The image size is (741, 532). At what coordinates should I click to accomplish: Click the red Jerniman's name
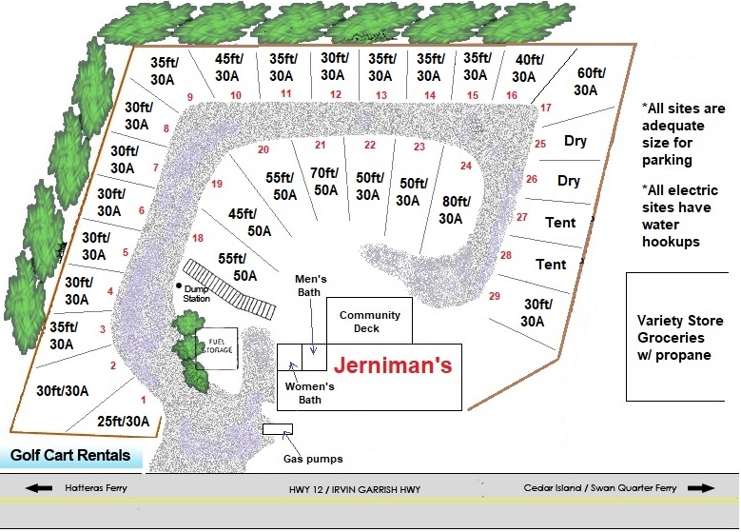[x=393, y=365]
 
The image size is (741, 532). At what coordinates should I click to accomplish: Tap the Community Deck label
[x=370, y=322]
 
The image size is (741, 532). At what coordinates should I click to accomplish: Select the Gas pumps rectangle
[x=278, y=429]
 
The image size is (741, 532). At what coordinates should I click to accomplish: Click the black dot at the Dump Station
[x=179, y=286]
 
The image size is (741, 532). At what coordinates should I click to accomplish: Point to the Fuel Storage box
[x=217, y=348]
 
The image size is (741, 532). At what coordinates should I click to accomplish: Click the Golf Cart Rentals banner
[x=70, y=455]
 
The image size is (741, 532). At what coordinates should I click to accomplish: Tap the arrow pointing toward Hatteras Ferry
[x=39, y=488]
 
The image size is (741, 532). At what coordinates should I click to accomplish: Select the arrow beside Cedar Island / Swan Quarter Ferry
[x=701, y=488]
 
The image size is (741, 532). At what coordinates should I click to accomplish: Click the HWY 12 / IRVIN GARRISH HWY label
[x=355, y=489]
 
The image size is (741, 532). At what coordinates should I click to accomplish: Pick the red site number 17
[x=546, y=108]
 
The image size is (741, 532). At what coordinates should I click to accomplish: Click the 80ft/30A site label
[x=455, y=210]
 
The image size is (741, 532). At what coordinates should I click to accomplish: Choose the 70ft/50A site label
[x=324, y=182]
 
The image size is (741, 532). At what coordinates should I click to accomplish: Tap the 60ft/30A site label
[x=589, y=81]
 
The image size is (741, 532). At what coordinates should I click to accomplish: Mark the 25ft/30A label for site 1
[x=124, y=421]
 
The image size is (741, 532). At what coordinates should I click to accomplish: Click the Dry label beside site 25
[x=575, y=141]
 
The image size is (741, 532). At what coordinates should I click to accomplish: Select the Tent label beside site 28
[x=551, y=264]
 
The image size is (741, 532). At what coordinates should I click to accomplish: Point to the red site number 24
[x=466, y=166]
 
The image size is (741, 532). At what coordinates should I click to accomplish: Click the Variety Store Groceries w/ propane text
[x=679, y=338]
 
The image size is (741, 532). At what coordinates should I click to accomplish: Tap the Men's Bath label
[x=310, y=286]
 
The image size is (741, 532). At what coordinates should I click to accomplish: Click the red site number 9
[x=190, y=97]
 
